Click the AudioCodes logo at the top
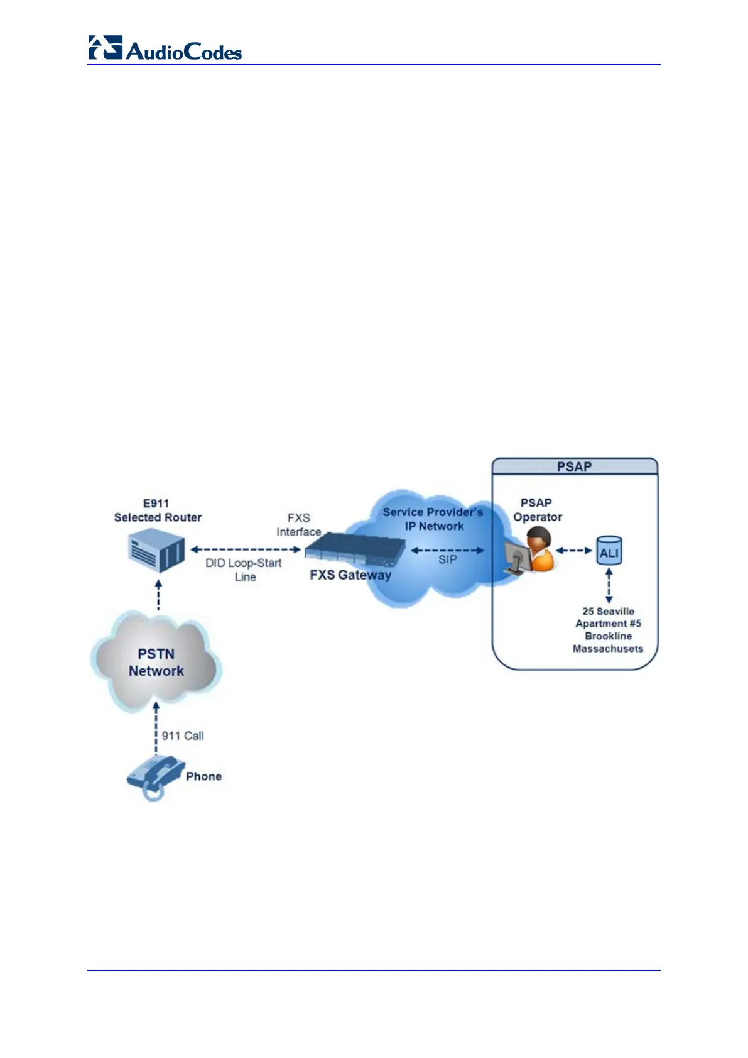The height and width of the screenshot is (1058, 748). click(x=165, y=48)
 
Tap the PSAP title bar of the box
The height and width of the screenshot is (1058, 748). click(x=574, y=466)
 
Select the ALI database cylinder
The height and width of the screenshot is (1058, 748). click(x=609, y=551)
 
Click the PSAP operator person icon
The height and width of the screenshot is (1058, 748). click(x=533, y=551)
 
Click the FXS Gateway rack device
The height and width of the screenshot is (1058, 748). click(x=355, y=548)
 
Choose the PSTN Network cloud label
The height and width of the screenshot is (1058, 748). click(x=156, y=663)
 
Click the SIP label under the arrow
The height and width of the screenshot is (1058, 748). click(x=447, y=559)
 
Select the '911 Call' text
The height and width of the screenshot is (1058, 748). click(x=183, y=736)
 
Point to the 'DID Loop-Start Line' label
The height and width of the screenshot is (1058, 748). click(x=244, y=570)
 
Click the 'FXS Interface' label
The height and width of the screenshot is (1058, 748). click(x=299, y=524)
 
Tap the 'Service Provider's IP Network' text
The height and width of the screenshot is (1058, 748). click(x=433, y=519)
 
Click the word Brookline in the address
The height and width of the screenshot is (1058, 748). click(x=608, y=636)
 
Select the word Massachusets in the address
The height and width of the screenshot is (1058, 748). click(x=608, y=649)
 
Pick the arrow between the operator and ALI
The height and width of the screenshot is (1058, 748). click(x=574, y=551)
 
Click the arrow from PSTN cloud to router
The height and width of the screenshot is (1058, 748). click(x=158, y=595)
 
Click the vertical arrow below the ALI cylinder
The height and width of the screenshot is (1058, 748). click(x=609, y=585)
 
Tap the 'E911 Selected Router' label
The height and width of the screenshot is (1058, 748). click(x=158, y=510)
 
